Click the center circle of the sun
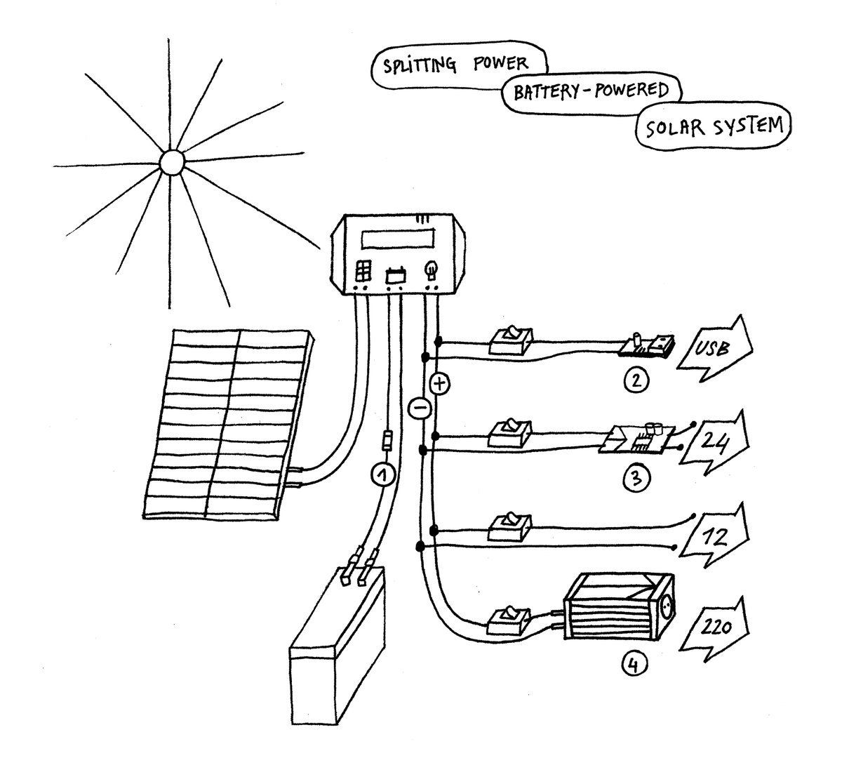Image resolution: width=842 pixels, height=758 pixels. click(171, 162)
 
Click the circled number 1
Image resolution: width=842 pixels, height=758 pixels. click(381, 475)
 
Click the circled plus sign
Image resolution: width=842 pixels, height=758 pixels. click(440, 384)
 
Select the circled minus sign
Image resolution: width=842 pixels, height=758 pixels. click(416, 408)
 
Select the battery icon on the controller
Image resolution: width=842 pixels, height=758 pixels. click(395, 274)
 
